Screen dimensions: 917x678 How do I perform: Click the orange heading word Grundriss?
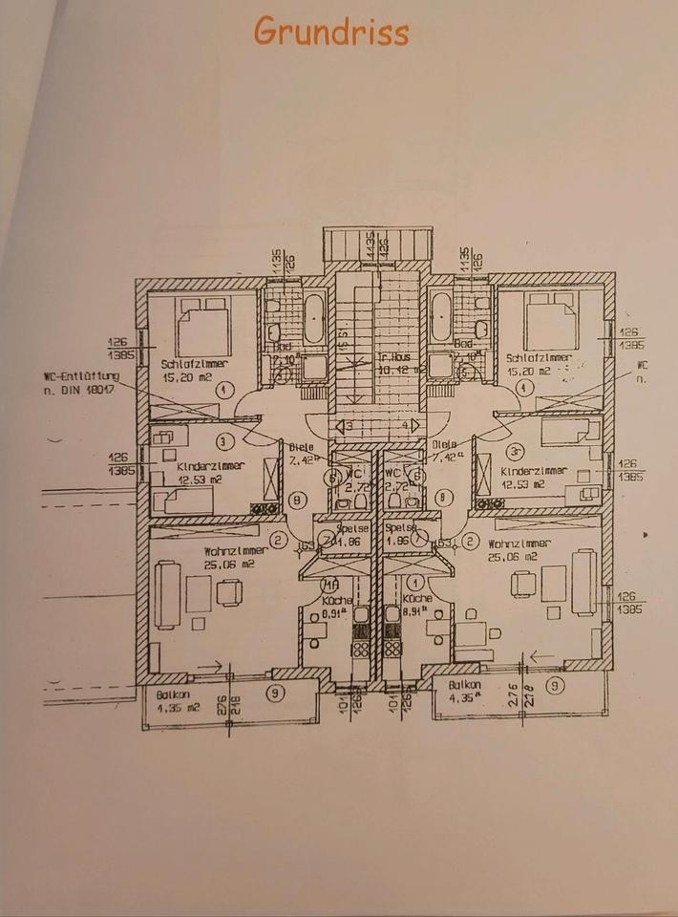tap(331, 32)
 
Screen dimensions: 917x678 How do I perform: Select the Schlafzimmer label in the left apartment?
tap(193, 363)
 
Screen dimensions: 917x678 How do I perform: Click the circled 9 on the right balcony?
tap(555, 685)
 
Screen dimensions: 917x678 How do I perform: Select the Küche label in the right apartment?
tap(417, 597)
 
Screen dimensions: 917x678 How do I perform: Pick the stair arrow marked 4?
tap(411, 424)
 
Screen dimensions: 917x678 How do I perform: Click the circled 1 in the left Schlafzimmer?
tap(223, 390)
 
